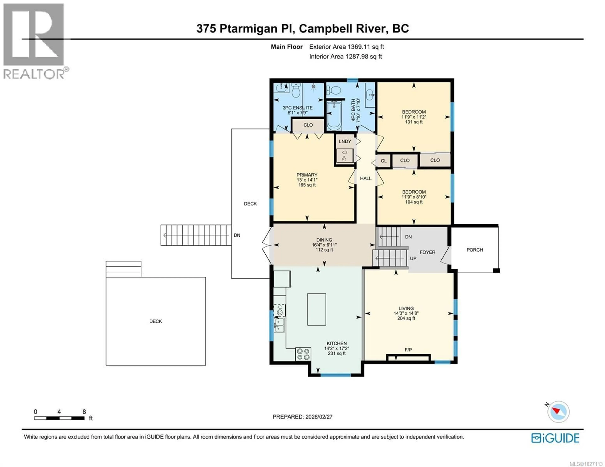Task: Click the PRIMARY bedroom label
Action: click(x=307, y=175)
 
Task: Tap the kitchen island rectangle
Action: click(x=316, y=309)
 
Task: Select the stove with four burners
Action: click(x=303, y=354)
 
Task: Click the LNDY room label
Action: click(x=345, y=142)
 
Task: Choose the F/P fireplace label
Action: click(x=408, y=350)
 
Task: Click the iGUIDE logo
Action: click(x=555, y=438)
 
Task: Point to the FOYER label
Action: click(x=427, y=252)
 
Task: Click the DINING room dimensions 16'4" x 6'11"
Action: click(x=324, y=245)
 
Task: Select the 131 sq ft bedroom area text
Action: click(x=414, y=122)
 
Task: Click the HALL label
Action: click(x=366, y=178)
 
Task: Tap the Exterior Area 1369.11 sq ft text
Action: click(x=346, y=47)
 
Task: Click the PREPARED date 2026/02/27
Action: click(x=302, y=417)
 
